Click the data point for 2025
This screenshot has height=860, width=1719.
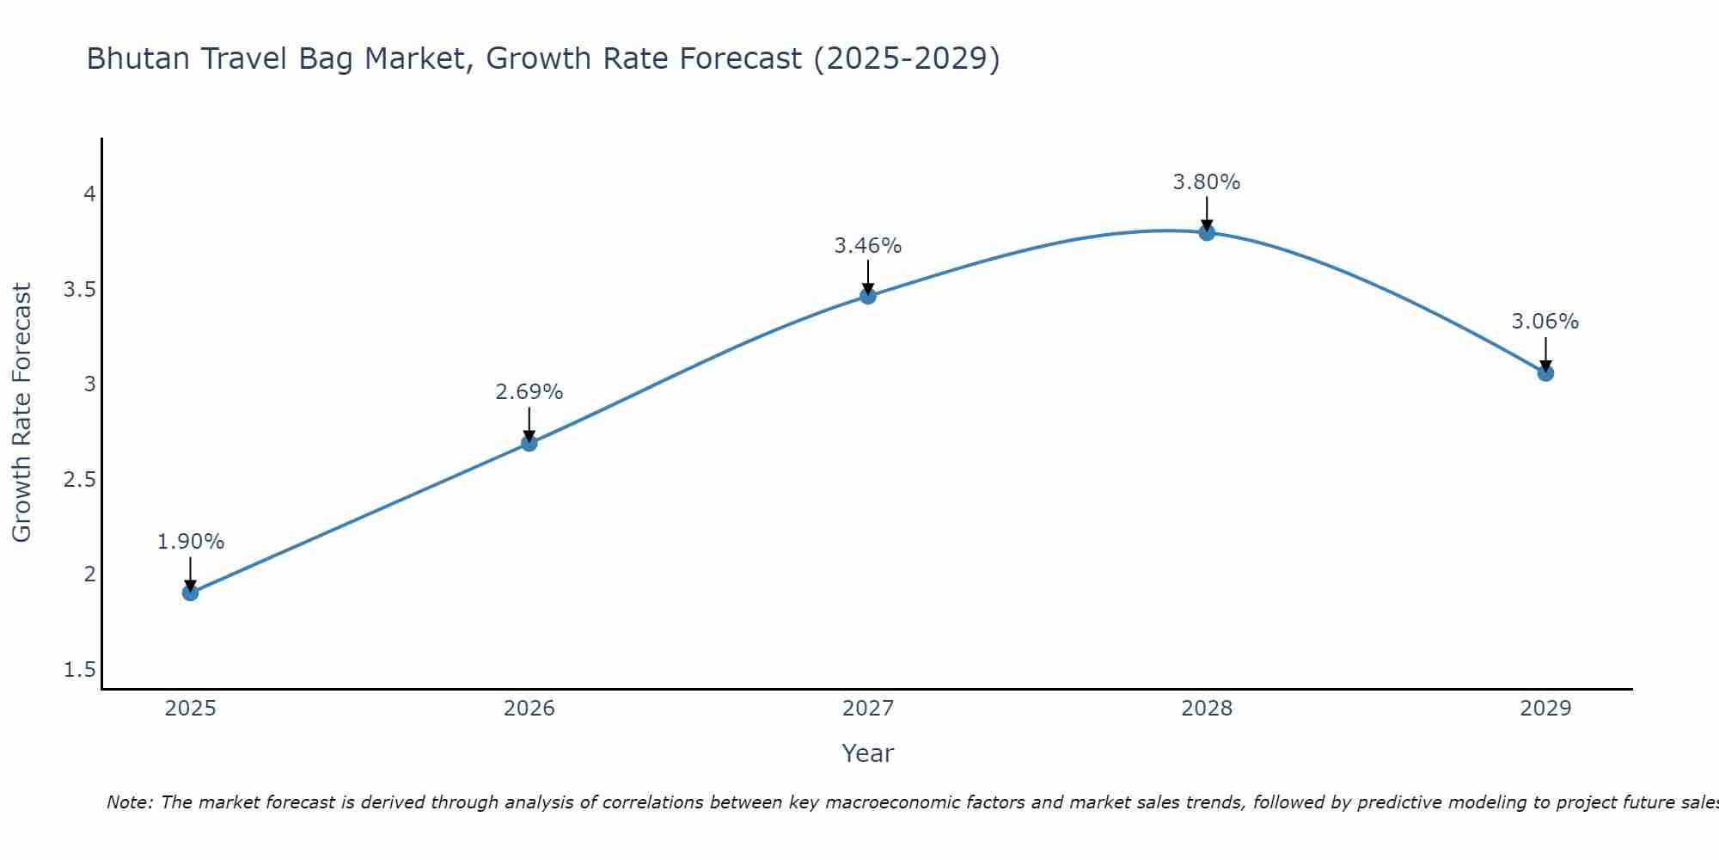coord(191,593)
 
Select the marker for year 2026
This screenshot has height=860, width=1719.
coord(529,443)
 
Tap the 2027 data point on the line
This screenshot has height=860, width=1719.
coord(868,296)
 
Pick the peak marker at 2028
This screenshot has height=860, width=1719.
coord(1207,232)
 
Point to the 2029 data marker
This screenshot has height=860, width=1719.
coord(1545,373)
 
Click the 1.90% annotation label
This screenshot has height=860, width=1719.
coord(191,542)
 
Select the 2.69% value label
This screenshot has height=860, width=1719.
coord(529,392)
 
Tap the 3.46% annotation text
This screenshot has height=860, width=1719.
coord(868,246)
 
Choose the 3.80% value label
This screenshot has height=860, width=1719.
coord(1207,182)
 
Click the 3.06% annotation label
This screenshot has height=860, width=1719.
coord(1545,322)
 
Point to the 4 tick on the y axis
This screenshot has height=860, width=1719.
coord(89,194)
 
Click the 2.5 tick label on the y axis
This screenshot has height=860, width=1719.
coord(80,480)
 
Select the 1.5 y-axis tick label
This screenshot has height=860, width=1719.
coord(80,670)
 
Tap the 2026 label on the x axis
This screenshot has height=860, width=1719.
coord(529,709)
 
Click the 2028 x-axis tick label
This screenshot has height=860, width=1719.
coord(1207,709)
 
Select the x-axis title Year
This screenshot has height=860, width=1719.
coord(868,753)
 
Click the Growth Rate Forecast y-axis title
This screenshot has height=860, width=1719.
coord(22,413)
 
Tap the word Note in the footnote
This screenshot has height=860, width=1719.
coord(129,802)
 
